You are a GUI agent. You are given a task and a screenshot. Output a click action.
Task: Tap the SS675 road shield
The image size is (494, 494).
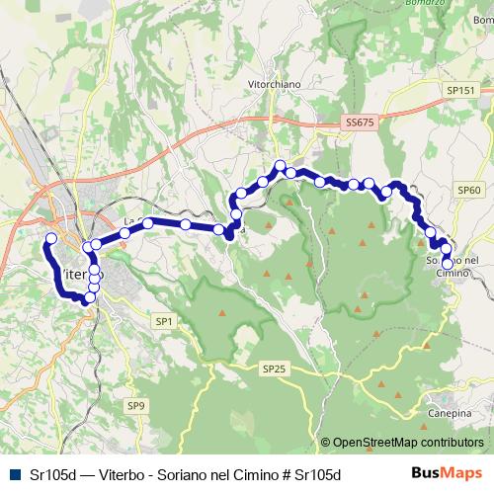[x=361, y=123]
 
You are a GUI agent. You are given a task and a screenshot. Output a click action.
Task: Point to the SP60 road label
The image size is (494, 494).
[x=468, y=189]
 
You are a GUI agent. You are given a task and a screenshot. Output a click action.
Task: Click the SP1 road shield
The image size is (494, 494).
[x=164, y=321]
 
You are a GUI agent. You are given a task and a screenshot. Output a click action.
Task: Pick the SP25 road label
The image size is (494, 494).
[x=274, y=368]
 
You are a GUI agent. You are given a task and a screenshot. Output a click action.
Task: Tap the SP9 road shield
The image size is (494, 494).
[x=135, y=405]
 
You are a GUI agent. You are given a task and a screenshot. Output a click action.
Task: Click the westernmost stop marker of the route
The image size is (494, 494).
[x=51, y=239]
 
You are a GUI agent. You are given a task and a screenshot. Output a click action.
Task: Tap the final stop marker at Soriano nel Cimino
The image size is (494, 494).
[x=448, y=263]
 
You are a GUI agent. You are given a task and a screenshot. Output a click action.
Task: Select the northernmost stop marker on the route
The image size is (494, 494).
[x=281, y=166]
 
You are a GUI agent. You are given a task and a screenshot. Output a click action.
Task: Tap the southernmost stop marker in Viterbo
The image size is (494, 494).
[x=90, y=297]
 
